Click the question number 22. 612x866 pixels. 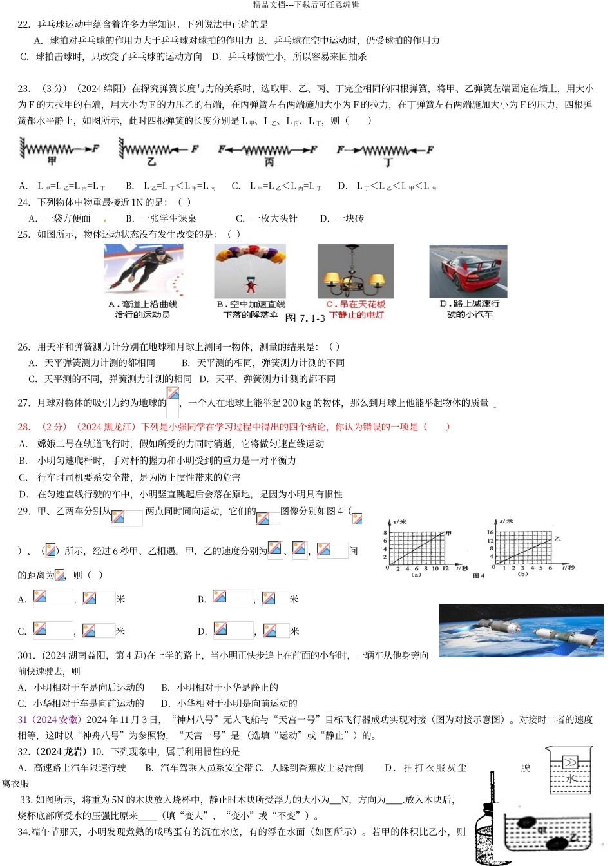tap(24, 24)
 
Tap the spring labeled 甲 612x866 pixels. tap(52, 149)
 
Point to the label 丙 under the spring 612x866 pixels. tap(269, 162)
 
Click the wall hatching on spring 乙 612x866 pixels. tap(120, 149)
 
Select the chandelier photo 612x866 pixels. tap(355, 271)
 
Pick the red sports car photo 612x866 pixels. tap(468, 271)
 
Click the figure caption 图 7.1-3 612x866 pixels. tap(304, 318)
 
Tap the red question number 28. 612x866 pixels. tap(24, 427)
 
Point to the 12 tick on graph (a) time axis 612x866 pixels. tap(445, 569)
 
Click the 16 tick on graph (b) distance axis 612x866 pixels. tap(490, 532)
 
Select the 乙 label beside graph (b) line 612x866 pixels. tap(557, 538)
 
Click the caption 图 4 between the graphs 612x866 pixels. tap(478, 576)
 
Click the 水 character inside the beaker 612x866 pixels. tap(571, 779)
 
